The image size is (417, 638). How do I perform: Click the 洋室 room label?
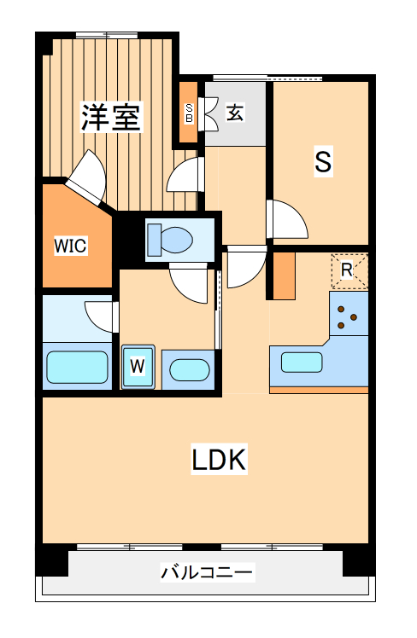click(111, 117)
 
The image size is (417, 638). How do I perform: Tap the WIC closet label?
click(71, 246)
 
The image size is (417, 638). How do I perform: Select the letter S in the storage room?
click(322, 161)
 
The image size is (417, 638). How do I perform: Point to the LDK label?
click(219, 461)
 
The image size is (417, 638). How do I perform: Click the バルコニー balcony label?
click(208, 571)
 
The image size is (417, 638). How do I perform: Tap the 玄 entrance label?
click(234, 112)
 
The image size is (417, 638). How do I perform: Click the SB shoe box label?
click(190, 113)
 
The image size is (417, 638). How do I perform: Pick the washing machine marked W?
click(138, 368)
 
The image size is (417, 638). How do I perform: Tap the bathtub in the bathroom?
click(78, 367)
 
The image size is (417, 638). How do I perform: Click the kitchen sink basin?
click(302, 362)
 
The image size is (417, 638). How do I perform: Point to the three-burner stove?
click(347, 317)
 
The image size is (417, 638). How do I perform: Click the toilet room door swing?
click(189, 281)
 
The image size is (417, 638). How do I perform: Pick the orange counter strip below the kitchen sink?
click(318, 390)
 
